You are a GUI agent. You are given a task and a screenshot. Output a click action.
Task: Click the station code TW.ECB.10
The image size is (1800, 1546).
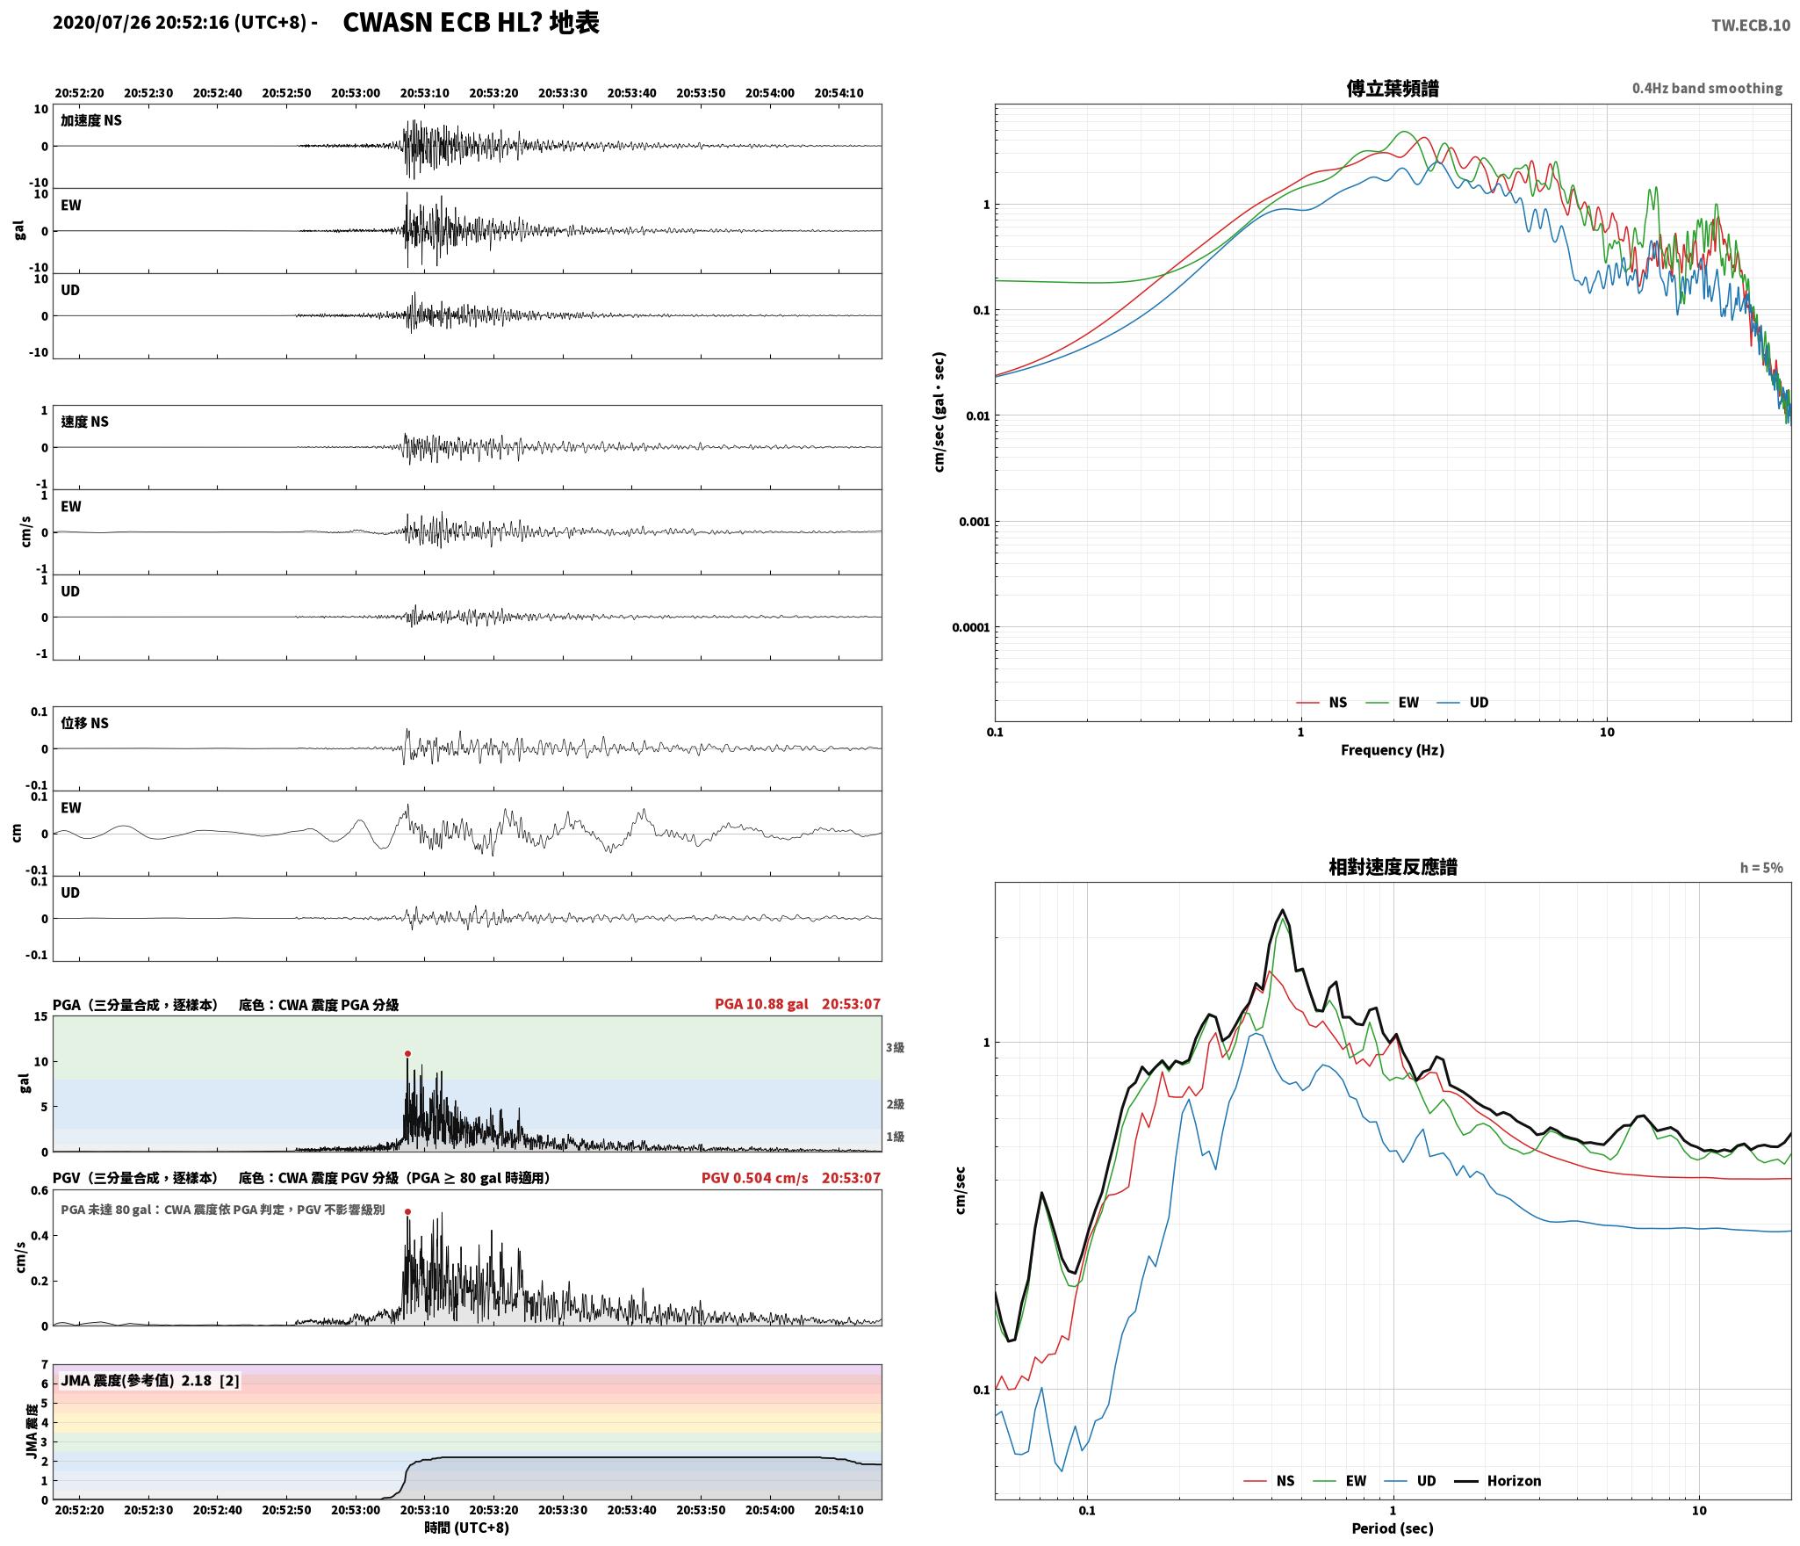pos(1750,25)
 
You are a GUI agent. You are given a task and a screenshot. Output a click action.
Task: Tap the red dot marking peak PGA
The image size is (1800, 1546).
pos(407,1053)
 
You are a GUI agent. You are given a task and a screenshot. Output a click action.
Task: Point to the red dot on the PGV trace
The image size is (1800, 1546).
pos(407,1211)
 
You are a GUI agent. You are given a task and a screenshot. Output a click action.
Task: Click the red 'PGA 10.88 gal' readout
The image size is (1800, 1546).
pos(761,1004)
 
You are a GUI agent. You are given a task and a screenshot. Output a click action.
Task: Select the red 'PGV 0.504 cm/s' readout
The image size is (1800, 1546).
pos(754,1178)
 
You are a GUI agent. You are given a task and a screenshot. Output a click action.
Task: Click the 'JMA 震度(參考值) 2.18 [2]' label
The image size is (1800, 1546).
pos(149,1381)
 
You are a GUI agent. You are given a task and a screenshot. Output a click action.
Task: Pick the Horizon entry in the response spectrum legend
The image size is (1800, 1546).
pos(1514,1481)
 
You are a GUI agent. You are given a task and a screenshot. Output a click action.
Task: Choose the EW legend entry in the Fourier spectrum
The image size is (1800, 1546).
pos(1408,703)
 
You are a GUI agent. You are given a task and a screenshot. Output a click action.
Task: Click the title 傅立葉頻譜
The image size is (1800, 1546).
pos(1392,88)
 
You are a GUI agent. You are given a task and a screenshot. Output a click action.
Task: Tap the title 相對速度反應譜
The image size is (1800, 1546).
pos(1393,867)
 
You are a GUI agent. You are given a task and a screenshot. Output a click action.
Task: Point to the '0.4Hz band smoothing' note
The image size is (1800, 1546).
pos(1707,89)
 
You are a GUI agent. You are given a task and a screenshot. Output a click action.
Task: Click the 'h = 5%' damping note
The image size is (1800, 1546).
pos(1761,868)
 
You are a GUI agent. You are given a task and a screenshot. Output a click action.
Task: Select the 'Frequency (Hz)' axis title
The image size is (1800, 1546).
pos(1392,750)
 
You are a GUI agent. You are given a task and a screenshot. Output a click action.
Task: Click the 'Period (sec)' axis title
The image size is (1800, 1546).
pos(1392,1528)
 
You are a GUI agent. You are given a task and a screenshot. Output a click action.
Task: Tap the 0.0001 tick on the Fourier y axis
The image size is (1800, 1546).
pos(970,627)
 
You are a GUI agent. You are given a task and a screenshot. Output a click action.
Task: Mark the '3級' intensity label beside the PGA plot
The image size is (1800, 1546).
pos(895,1047)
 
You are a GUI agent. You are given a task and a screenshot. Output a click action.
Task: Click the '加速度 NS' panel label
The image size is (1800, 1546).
pos(90,120)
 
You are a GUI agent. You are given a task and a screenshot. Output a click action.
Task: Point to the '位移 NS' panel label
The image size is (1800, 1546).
pos(84,723)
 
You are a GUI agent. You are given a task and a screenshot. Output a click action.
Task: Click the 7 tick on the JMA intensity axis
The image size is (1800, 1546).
pos(44,1365)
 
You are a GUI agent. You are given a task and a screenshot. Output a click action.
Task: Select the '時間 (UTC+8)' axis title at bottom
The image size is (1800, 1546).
pos(466,1528)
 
